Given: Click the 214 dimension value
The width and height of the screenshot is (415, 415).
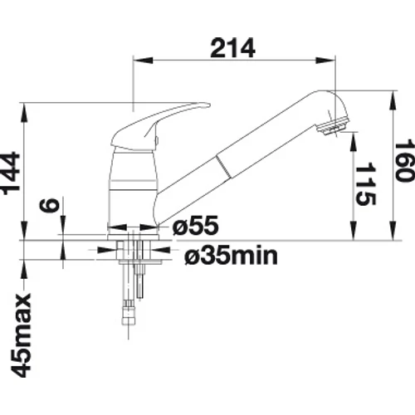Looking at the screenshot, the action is point(232,48).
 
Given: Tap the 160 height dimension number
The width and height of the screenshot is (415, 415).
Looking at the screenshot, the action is point(404,162).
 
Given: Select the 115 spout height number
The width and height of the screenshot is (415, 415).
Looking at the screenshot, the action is point(365,184).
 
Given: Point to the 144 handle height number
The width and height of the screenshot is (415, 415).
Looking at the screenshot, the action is point(11,173).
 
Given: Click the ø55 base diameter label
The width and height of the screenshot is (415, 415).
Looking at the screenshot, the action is point(195,225).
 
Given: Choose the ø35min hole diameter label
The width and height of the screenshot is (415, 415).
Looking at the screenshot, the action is point(231,256).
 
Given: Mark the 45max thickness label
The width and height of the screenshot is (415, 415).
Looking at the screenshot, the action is point(21,335).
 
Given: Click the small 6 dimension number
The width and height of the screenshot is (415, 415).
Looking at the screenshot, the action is point(50,206).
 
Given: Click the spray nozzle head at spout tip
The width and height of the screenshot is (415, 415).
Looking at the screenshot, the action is point(332,126).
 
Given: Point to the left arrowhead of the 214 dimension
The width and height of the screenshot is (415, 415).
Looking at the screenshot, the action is point(143,61).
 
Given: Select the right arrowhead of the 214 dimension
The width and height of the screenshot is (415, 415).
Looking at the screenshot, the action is point(326,61).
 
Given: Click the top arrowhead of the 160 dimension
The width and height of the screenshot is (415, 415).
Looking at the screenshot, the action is point(393,100).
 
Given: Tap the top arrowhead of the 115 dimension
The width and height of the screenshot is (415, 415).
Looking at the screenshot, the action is point(354,141).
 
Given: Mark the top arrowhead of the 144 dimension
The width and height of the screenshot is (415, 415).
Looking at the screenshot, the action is point(24,113).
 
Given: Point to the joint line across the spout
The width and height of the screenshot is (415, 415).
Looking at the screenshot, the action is point(223,167).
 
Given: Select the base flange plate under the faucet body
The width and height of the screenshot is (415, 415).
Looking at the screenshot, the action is point(134,237).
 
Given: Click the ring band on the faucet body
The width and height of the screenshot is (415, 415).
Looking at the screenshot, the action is point(134,185).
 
